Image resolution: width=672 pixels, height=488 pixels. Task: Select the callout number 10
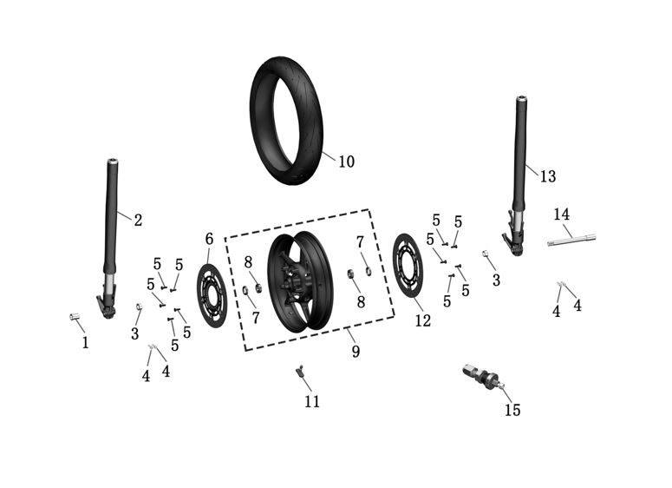click(346, 162)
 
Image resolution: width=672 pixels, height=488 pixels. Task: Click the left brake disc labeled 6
click(211, 295)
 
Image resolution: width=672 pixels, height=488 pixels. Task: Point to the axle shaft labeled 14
click(573, 237)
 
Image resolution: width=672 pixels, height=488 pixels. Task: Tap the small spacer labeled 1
click(75, 317)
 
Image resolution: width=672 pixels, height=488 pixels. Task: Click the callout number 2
click(137, 220)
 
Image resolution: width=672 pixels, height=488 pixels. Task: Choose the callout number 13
click(547, 176)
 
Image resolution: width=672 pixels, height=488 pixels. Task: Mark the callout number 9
click(355, 351)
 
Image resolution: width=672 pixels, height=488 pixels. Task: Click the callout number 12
click(421, 320)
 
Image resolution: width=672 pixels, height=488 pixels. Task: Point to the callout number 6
click(209, 239)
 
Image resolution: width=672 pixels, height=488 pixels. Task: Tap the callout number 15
click(512, 410)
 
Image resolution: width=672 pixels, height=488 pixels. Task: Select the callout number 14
click(562, 214)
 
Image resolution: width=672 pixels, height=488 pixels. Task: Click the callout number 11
click(311, 402)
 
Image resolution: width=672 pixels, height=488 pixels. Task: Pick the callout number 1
click(85, 343)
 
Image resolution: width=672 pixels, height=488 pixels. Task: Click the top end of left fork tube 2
click(113, 162)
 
